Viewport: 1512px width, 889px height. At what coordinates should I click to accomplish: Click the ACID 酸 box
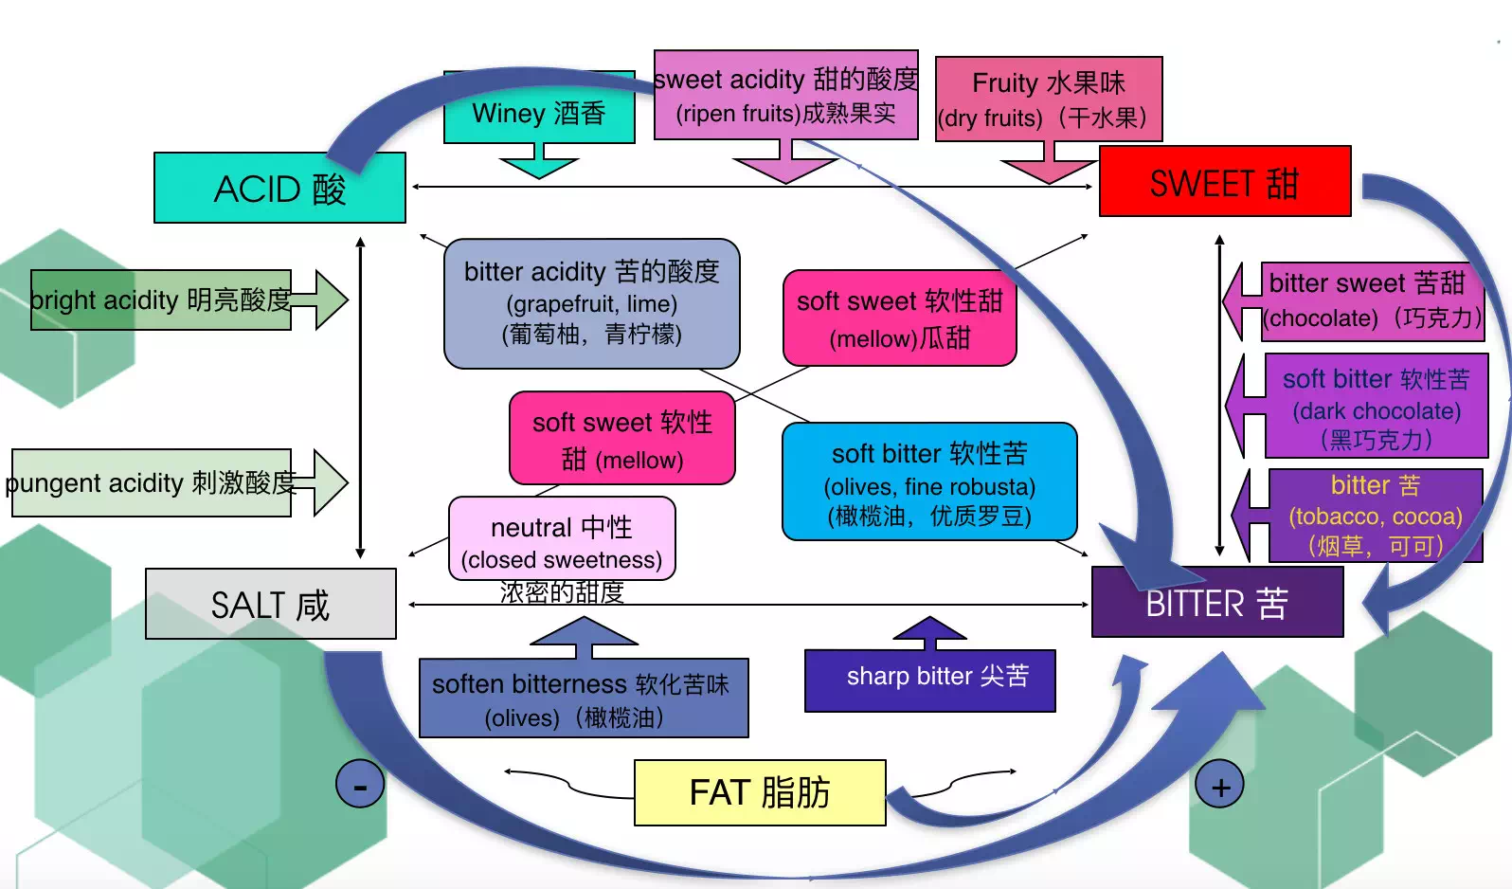279,189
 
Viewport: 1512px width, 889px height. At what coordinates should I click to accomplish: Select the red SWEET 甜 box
1224,182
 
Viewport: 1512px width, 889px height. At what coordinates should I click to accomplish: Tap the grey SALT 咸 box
271,604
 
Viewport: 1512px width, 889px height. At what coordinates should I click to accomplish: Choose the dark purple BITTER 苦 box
1216,603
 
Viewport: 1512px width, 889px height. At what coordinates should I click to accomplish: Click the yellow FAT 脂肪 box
760,792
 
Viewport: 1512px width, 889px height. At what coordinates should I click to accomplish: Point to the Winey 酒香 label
538,113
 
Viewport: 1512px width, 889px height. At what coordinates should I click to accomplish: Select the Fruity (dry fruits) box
1048,100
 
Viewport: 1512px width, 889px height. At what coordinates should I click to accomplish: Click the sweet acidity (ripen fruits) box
785,95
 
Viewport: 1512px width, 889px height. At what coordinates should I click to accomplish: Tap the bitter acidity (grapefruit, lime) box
591,303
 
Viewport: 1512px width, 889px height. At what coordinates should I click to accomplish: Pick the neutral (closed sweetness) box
562,539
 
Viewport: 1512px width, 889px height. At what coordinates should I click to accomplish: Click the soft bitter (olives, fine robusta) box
928,482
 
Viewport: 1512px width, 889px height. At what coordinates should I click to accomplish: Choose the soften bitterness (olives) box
583,698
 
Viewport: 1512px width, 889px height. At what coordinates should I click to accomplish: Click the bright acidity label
160,299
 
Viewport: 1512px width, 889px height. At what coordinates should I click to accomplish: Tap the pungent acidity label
151,482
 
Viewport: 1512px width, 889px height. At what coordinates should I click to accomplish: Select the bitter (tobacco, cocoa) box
1375,515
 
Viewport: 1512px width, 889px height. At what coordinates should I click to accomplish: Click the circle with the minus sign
360,784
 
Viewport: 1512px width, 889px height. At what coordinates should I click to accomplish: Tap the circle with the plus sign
1220,786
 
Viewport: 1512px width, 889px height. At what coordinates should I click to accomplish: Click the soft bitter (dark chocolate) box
1376,407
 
